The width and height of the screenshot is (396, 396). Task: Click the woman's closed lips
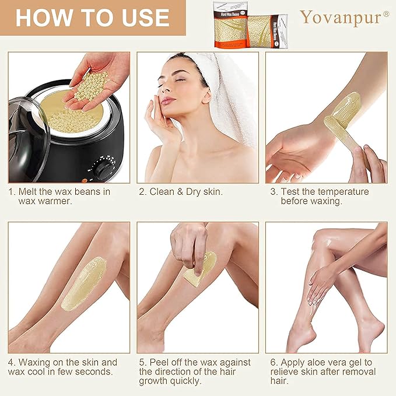pos(168,100)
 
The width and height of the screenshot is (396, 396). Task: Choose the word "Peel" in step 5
pos(160,362)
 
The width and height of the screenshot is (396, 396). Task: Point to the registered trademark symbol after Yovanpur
pos(386,13)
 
